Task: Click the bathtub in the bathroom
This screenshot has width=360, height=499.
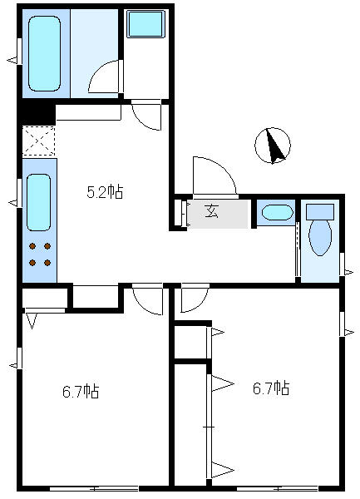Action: pos(44,54)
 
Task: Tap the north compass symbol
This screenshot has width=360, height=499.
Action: pos(273,146)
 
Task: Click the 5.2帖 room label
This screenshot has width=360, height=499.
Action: pos(105,192)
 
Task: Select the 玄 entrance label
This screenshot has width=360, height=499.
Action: pos(212,211)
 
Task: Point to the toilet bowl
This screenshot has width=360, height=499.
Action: pos(320,238)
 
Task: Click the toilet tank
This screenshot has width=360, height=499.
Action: pos(320,212)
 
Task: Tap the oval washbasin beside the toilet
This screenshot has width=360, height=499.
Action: pos(278,213)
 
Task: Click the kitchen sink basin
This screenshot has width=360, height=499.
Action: pos(38,202)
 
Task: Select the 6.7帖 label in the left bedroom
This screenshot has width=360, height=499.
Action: pos(81,392)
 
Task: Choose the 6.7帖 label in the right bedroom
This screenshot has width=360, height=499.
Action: pos(271,388)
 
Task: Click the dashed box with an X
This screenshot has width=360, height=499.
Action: pos(38,141)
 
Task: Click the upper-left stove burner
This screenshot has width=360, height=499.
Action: pos(32,246)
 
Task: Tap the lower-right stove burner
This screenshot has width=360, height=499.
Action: pos(47,263)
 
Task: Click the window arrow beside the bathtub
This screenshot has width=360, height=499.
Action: pos(12,60)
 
